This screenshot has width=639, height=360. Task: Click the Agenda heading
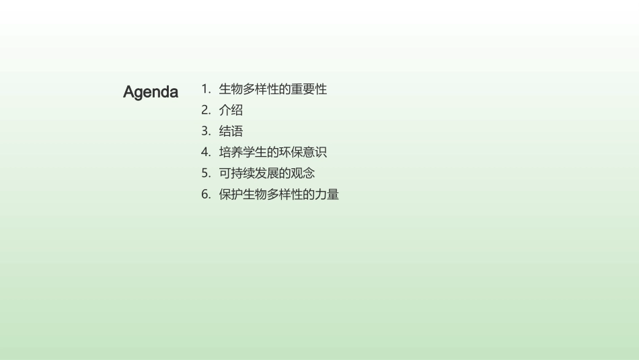click(x=151, y=92)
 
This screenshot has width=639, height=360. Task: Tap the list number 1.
click(x=204, y=89)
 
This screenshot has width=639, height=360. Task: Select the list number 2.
click(x=205, y=110)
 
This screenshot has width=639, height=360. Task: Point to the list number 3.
click(x=205, y=131)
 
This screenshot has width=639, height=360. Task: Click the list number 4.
click(x=205, y=153)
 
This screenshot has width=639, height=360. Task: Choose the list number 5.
click(x=205, y=174)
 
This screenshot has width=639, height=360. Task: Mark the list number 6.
click(x=205, y=195)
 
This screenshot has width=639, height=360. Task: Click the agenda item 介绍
click(x=231, y=110)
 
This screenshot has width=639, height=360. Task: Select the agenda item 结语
click(x=231, y=131)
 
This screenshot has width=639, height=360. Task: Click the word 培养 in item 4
click(x=231, y=153)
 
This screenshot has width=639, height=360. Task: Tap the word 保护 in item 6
click(x=231, y=195)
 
